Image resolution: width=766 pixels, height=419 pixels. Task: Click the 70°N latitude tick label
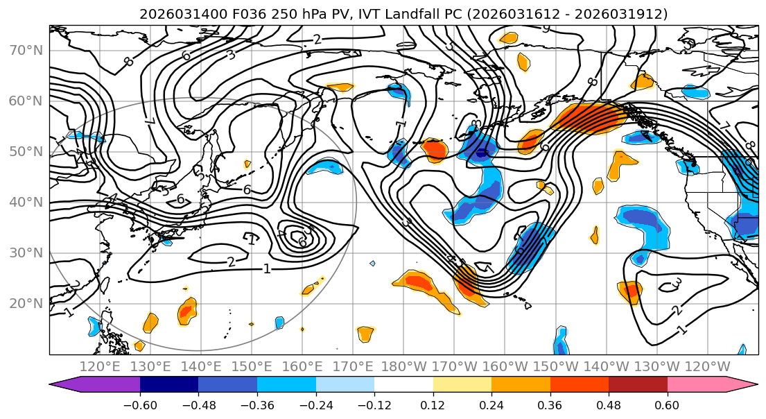(26, 51)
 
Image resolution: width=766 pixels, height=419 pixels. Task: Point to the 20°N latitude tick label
(26, 303)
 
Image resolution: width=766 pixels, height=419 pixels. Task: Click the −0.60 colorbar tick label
(140, 404)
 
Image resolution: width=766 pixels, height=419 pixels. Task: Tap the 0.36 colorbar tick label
(550, 404)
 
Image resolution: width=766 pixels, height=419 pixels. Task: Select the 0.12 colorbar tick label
(433, 404)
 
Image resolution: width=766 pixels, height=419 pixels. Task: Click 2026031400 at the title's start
(174, 14)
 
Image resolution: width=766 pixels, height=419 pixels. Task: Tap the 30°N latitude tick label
(26, 253)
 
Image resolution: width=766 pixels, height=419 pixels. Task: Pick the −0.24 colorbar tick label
(315, 404)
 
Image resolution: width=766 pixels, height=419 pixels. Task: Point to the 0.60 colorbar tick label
(667, 404)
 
